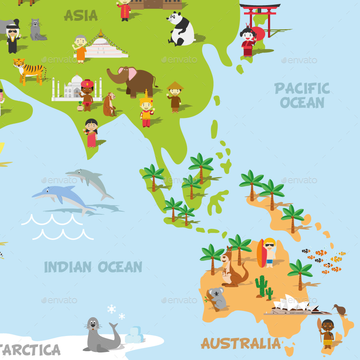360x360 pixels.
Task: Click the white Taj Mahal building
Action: [x=71, y=88]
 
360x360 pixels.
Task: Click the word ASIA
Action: [x=80, y=15]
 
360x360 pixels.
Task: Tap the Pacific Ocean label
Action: [x=302, y=95]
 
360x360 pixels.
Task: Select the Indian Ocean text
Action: [x=93, y=267]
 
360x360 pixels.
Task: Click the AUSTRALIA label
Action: [x=241, y=343]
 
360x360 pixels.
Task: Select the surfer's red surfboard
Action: [x=261, y=253]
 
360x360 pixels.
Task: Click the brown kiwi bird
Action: [x=339, y=309]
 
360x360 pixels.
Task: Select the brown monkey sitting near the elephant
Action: [x=109, y=105]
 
